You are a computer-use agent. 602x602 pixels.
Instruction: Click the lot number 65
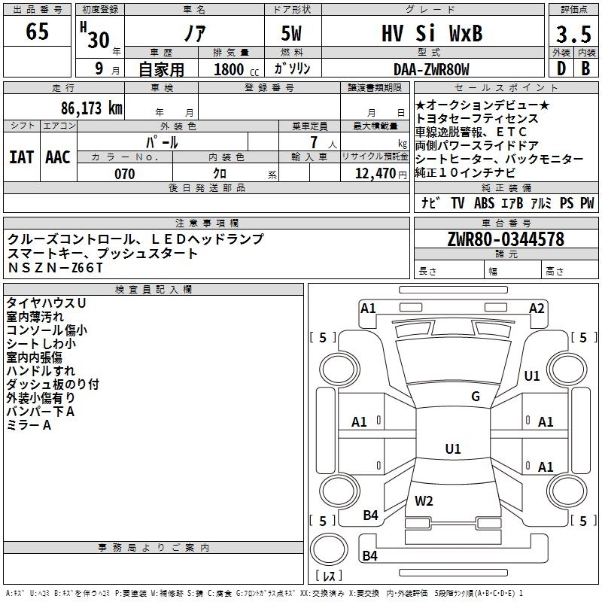tap(37, 32)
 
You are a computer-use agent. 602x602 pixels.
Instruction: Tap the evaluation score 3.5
tap(572, 35)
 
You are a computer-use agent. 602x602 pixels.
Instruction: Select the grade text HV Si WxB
tap(430, 34)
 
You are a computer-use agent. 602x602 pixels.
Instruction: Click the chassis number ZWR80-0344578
tap(505, 239)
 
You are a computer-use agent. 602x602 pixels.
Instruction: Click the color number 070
tap(125, 174)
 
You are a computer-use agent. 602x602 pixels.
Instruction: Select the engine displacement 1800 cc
tap(230, 69)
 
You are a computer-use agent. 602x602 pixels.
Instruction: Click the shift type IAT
tap(22, 157)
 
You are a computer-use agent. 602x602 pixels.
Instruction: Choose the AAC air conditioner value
tap(58, 157)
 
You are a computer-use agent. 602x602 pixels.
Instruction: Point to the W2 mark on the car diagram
tap(424, 500)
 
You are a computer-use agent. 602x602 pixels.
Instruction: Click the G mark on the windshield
tap(475, 397)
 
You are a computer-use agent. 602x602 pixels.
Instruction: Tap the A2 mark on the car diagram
tap(537, 308)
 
